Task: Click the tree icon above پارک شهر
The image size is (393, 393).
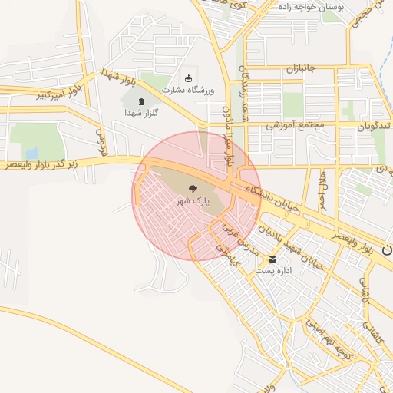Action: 192,189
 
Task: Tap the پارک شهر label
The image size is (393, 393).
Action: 193,201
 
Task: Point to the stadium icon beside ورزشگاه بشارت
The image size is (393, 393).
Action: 188,77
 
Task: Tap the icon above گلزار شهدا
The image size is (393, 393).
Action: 140,101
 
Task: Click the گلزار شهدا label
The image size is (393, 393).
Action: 141,113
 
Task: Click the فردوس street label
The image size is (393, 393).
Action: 99,142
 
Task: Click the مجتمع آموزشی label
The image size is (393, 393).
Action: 296,125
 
